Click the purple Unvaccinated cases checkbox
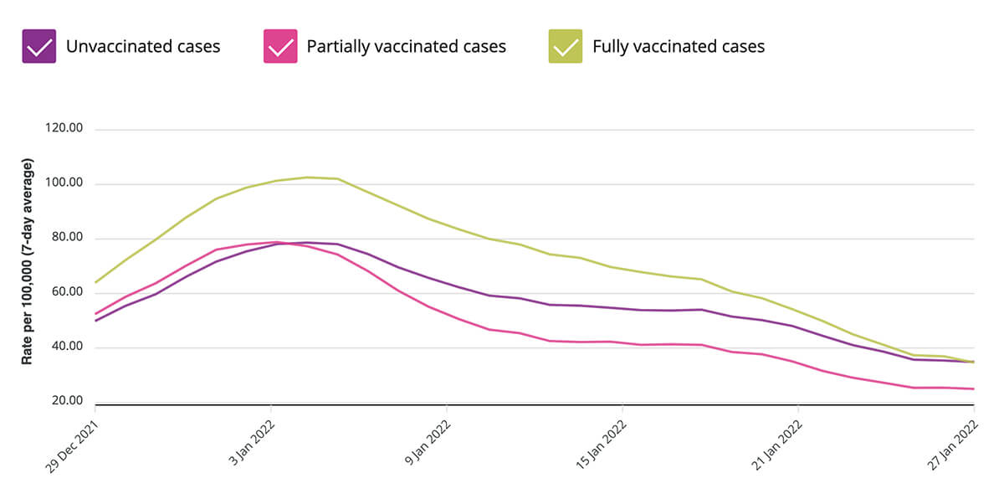coord(38,46)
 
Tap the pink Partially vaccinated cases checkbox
coord(280,46)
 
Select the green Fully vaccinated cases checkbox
coord(566,46)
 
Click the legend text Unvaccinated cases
coord(143,46)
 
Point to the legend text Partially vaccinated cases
coord(406,46)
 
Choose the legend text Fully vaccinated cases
coord(679,46)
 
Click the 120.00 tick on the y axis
coord(65,129)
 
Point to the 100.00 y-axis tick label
coord(65,183)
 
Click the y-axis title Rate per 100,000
coord(28,261)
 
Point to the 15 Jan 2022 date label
coord(602,443)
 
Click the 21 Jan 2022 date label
coord(777,443)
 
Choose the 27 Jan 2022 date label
coord(953,443)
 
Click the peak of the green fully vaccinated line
coord(309,177)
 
